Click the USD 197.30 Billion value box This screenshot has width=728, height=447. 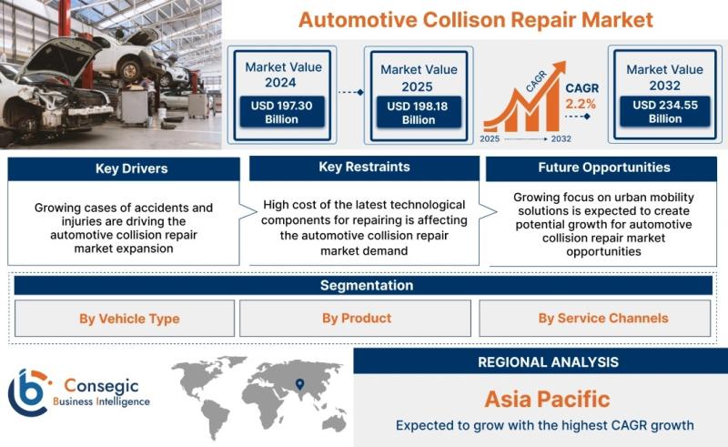(282, 112)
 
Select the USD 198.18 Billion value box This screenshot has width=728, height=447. (419, 113)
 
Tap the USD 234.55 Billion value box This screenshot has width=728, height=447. (665, 111)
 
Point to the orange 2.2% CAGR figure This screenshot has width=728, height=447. (581, 104)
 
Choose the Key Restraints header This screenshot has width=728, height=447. (364, 168)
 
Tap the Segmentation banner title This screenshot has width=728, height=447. (367, 285)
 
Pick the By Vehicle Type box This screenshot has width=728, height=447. (125, 319)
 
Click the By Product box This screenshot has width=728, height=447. (355, 319)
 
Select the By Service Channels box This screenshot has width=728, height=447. (595, 319)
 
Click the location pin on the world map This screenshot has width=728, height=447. (300, 384)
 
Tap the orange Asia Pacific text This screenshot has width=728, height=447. (547, 399)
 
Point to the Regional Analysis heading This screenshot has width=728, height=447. (548, 362)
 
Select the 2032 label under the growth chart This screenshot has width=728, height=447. (561, 139)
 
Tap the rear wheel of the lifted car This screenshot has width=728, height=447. (129, 71)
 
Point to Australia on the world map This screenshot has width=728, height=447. (334, 422)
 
